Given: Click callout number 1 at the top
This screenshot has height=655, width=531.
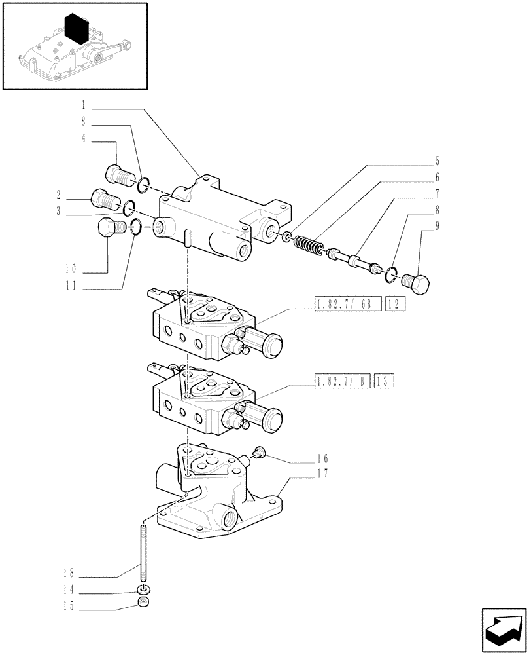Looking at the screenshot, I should point(84,104).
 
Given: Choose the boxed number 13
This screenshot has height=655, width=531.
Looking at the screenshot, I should point(383,381).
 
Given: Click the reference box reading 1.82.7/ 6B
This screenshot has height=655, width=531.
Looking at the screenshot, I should point(347,303).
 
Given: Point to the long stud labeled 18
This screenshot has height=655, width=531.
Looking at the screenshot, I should point(142,547).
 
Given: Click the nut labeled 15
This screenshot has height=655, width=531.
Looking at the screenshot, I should point(143,603).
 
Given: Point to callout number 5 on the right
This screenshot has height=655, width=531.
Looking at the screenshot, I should point(437,160).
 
